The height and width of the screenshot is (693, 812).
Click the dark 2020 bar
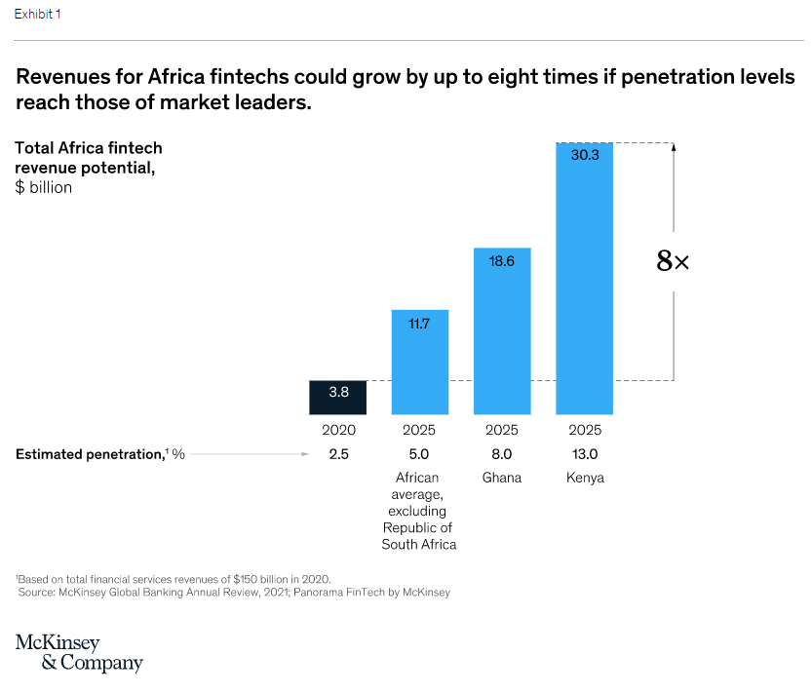[x=338, y=397]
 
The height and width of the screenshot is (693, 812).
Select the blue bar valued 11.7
[x=420, y=362]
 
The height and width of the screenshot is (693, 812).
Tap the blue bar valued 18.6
[x=502, y=331]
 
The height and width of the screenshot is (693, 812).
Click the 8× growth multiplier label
[x=673, y=261]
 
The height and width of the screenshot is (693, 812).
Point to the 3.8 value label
[x=338, y=392]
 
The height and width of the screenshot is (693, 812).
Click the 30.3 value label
[x=585, y=155]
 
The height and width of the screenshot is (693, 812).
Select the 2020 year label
[x=338, y=430]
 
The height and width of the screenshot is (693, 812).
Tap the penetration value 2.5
[x=338, y=454]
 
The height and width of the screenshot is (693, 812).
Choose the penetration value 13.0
[x=585, y=454]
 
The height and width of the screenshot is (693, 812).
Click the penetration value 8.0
[x=502, y=454]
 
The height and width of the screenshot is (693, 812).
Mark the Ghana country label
[x=502, y=478]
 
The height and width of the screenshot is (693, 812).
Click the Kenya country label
[x=585, y=478]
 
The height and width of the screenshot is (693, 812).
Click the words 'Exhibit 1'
[x=38, y=15]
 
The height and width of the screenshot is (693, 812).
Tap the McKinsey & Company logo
[x=79, y=653]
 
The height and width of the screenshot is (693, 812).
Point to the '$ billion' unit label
[x=44, y=187]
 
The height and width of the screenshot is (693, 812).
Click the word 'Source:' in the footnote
[x=35, y=592]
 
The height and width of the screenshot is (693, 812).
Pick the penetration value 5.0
[x=420, y=454]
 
